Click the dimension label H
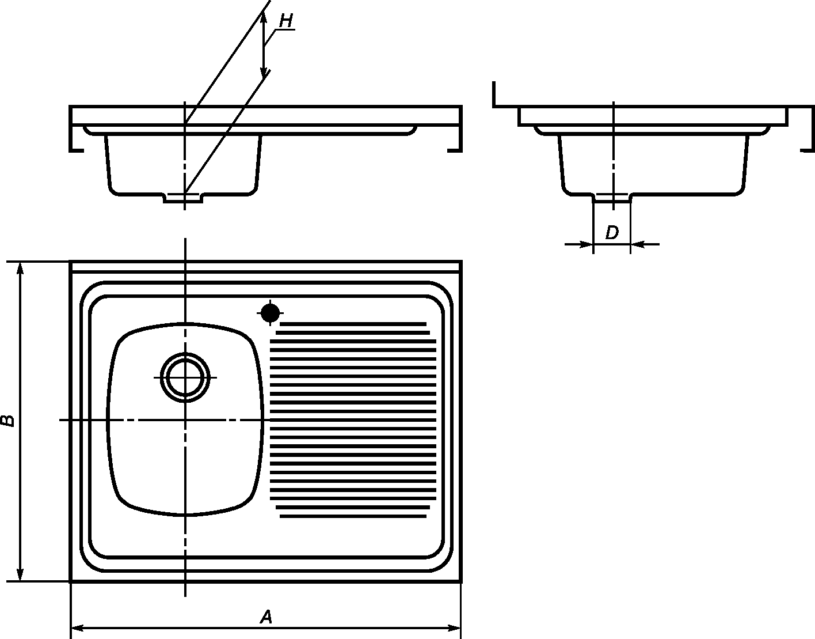pos(286,21)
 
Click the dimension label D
pos(612,233)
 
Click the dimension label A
pos(266,617)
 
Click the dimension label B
pos(7,421)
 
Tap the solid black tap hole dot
pos(270,313)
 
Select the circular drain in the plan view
pos(185,377)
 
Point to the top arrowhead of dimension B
pos(20,270)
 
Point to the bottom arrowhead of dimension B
pos(20,574)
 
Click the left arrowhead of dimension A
pos(78,628)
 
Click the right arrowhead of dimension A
pos(453,628)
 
